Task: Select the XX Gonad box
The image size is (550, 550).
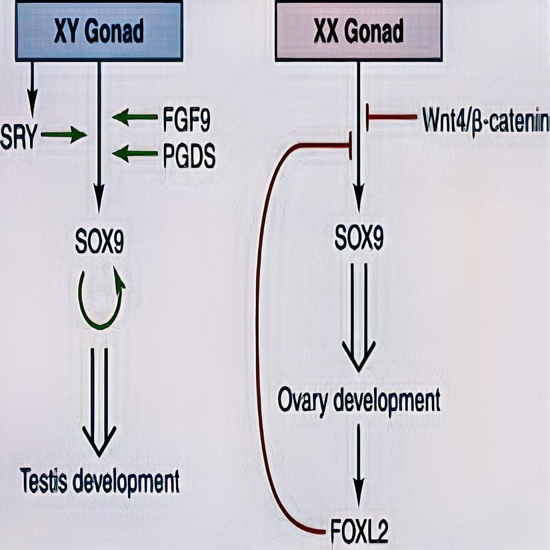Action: coord(359,31)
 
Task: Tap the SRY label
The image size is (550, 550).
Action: coord(19,136)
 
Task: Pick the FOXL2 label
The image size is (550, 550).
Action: coord(359,531)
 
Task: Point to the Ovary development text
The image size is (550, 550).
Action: coord(359,402)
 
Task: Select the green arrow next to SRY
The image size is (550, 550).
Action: coord(63,136)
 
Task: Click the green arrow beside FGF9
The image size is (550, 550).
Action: coord(135,118)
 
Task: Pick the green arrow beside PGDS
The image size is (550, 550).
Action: coord(135,155)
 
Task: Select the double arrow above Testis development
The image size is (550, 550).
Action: coord(99,400)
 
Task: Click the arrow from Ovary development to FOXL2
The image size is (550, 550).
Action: coord(359,467)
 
